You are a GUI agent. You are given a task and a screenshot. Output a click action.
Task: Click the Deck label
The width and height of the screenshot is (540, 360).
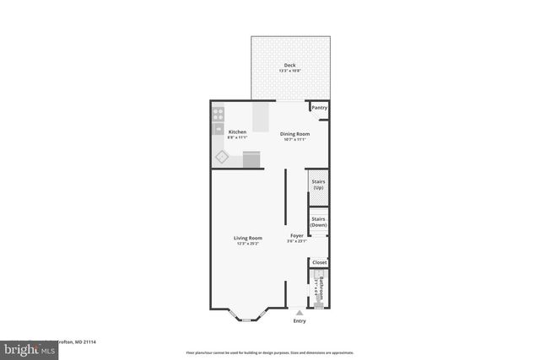point(289,65)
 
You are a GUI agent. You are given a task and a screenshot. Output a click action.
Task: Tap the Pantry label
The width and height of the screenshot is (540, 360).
point(319,108)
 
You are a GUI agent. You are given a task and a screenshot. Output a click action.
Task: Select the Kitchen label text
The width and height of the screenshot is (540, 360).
point(237,132)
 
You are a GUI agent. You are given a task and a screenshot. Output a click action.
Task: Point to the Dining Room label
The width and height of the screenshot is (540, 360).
point(294,133)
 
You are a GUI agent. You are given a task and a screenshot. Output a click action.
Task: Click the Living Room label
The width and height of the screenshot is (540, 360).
point(248,238)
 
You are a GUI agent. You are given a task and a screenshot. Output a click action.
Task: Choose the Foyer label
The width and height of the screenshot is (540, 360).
point(297,235)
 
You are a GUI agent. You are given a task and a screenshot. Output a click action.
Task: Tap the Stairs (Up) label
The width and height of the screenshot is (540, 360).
point(319,184)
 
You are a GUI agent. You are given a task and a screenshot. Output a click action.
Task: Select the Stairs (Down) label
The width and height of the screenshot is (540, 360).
point(319,223)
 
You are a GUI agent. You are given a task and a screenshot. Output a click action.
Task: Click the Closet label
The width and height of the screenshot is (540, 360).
point(319,262)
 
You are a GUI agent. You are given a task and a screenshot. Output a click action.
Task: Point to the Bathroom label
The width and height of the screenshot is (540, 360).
point(320,288)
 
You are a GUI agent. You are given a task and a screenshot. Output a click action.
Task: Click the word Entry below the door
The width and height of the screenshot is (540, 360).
point(300,321)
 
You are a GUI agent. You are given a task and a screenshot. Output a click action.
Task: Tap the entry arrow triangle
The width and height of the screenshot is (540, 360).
point(299,313)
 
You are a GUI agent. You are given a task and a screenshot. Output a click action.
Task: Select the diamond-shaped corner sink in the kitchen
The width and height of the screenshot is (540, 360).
point(222,156)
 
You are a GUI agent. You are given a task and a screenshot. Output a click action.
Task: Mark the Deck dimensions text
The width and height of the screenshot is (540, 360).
point(289,71)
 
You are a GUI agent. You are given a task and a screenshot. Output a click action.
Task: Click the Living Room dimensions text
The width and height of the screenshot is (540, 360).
point(248,244)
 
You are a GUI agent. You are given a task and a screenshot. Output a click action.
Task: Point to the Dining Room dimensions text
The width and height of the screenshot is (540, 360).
point(294,139)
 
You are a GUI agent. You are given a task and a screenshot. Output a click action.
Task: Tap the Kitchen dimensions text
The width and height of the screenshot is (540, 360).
point(237,137)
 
